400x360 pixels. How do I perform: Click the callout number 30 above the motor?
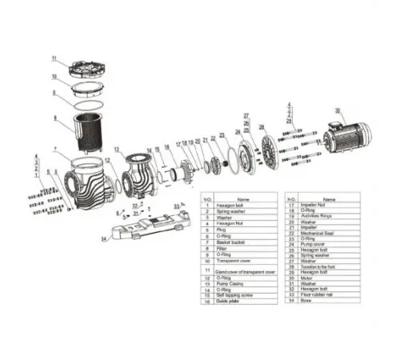[x=338, y=110]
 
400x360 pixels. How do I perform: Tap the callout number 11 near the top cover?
[x=54, y=58]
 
